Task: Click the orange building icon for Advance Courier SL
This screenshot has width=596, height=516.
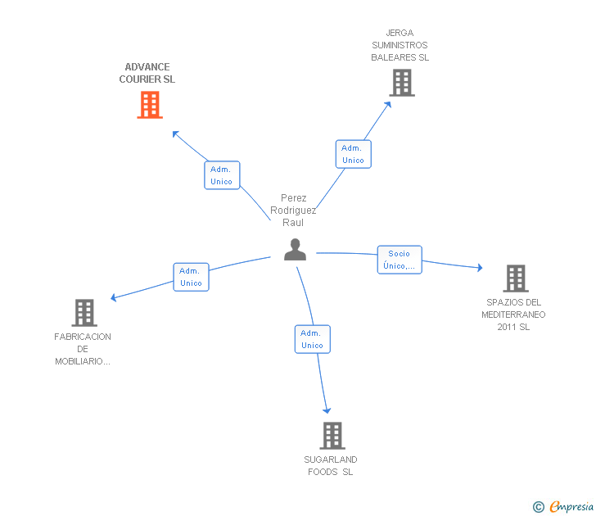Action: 149,105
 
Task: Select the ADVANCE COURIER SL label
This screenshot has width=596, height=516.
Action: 147,74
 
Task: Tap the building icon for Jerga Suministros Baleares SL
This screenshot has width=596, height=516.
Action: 401,83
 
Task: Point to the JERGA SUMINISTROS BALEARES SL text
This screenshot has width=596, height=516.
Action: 400,46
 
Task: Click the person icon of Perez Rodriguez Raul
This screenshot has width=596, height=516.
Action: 295,249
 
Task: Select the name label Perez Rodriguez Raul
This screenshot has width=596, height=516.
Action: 293,210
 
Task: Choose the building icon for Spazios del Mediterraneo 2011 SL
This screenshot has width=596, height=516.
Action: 515,278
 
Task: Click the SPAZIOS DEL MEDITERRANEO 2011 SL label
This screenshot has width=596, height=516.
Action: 513,315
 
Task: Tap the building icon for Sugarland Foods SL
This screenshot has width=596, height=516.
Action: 332,435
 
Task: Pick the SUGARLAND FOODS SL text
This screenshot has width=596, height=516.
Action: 331,465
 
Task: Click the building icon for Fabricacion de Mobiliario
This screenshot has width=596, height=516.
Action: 84,312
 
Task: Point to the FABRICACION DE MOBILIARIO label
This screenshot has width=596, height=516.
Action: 83,349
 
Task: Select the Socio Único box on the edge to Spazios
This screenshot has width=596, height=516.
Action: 399,260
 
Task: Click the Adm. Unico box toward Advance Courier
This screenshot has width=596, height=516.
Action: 221,175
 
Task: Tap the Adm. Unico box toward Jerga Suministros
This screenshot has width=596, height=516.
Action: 353,154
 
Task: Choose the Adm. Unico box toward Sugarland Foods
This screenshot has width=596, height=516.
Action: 312,339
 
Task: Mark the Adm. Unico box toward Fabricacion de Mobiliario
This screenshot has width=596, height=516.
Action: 191,277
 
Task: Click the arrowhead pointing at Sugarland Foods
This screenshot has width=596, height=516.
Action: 327,410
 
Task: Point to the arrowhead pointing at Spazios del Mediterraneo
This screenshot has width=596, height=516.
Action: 479,267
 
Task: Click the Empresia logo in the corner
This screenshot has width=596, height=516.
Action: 563,507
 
